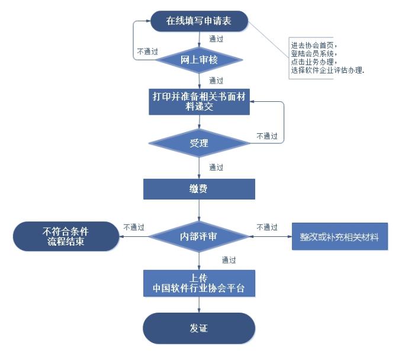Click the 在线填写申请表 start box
pyautogui.click(x=198, y=21)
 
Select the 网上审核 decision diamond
pyautogui.click(x=199, y=59)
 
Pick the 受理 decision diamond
pyautogui.click(x=199, y=143)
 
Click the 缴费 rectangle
pyautogui.click(x=199, y=189)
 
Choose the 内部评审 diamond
pyautogui.click(x=199, y=236)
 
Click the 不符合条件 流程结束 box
pyautogui.click(x=64, y=236)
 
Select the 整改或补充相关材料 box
pyautogui.click(x=339, y=237)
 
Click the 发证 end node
pyautogui.click(x=199, y=328)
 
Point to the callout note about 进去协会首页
pyautogui.click(x=327, y=57)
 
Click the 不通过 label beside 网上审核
pyautogui.click(x=147, y=52)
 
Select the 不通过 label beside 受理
pyautogui.click(x=266, y=136)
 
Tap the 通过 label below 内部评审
pyautogui.click(x=229, y=260)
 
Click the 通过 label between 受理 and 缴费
pyautogui.click(x=216, y=168)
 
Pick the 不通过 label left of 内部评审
pyautogui.click(x=134, y=227)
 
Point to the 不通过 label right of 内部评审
pyautogui.click(x=267, y=227)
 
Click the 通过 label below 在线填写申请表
pyautogui.click(x=216, y=40)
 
